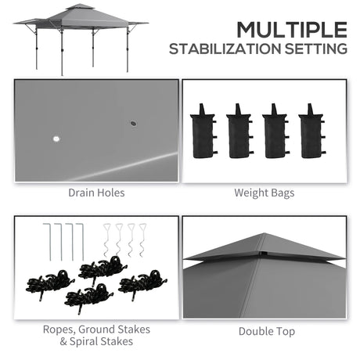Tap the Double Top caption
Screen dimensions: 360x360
(267, 331)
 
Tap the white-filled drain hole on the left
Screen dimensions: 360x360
(56, 140)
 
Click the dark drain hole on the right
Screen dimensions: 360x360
(131, 123)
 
